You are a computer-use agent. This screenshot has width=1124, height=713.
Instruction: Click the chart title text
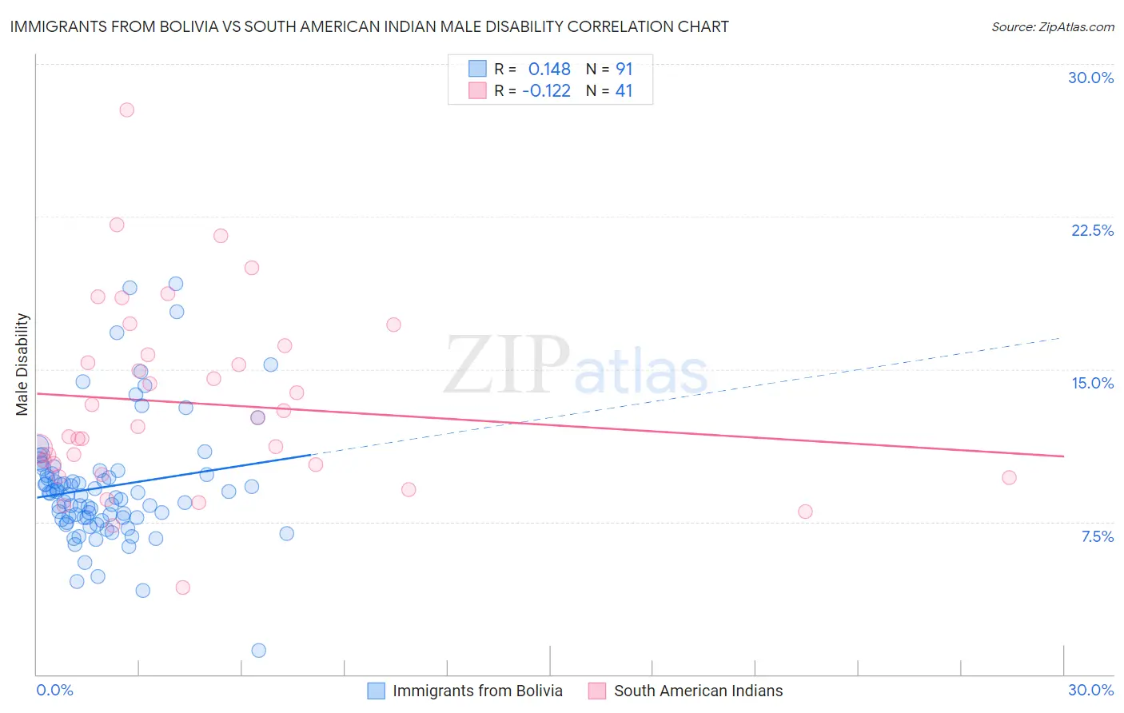coord(369,26)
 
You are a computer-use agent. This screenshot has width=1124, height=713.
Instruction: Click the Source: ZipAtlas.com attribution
coord(1052,26)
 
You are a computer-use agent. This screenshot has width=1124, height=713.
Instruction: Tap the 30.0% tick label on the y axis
coord(1090,78)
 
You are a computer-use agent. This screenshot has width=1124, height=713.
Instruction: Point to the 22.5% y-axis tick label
coord(1092,230)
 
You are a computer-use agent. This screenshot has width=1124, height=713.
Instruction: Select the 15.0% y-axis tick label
coord(1092,383)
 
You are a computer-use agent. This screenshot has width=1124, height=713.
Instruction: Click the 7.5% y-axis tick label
coord(1097,536)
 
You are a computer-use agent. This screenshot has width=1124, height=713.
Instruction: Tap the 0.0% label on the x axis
coord(54,690)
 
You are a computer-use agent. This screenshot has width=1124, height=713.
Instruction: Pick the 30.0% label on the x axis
coord(1090,690)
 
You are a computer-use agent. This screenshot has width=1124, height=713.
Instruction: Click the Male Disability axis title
coord(22,364)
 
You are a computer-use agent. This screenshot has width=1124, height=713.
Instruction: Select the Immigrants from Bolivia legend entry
coord(465,691)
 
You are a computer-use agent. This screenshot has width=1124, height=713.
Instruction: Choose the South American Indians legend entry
coord(686,691)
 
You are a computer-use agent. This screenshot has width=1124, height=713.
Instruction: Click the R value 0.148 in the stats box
coord(549,69)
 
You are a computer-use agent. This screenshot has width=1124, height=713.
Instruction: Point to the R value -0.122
coord(546,91)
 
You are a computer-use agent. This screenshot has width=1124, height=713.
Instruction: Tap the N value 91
coord(624,69)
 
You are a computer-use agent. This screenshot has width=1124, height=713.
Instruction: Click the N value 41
coord(624,91)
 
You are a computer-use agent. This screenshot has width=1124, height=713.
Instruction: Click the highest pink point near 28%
coord(126,110)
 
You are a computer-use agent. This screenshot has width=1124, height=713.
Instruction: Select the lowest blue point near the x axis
coord(258,650)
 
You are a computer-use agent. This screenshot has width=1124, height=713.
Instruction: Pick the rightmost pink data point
coord(1009,477)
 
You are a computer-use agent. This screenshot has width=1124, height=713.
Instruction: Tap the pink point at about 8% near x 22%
coord(805,512)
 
